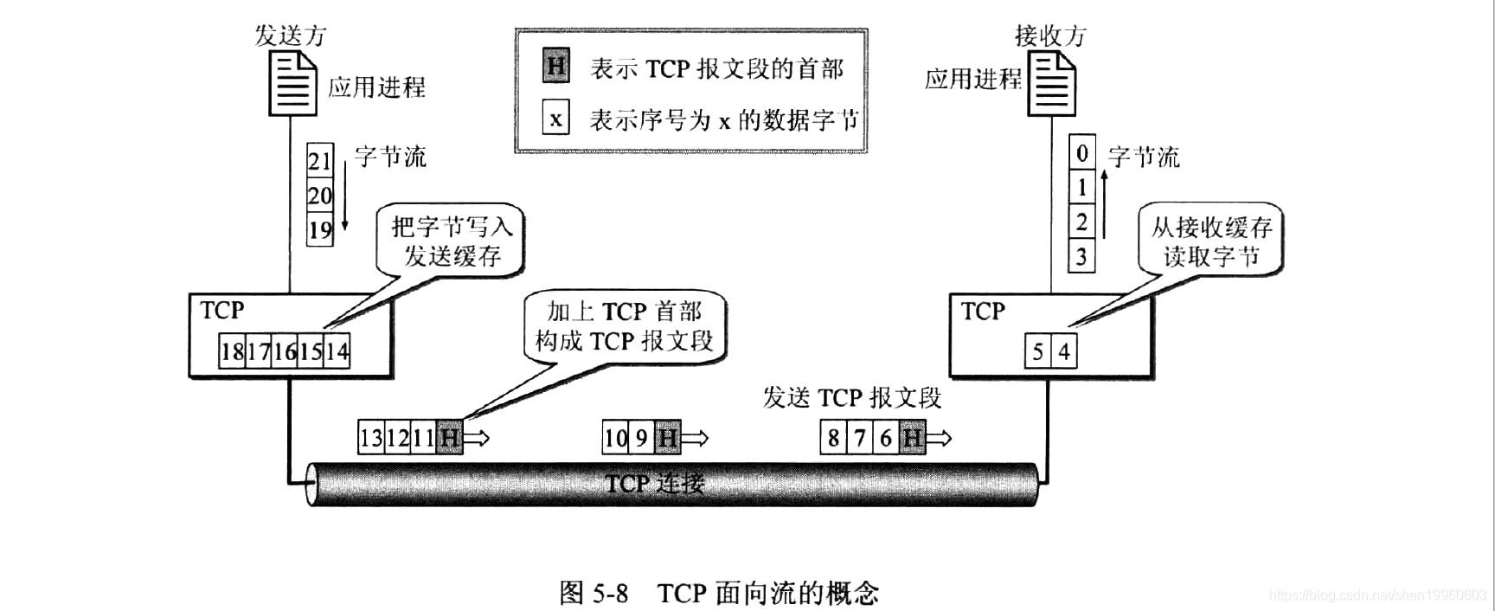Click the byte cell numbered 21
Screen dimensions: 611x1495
pyautogui.click(x=320, y=160)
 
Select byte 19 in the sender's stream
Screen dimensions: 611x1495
pyautogui.click(x=320, y=230)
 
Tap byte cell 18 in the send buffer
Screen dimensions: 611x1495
pyautogui.click(x=232, y=351)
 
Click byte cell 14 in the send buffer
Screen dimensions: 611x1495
pyautogui.click(x=337, y=351)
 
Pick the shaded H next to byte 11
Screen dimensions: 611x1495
pyautogui.click(x=450, y=438)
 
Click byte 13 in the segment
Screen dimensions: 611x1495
pyautogui.click(x=371, y=438)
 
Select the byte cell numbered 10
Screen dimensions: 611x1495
pyautogui.click(x=615, y=438)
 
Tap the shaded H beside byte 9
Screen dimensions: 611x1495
pyautogui.click(x=667, y=438)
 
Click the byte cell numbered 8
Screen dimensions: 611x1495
pyautogui.click(x=833, y=438)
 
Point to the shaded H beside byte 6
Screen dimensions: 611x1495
pyautogui.click(x=912, y=438)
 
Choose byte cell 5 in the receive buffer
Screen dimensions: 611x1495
pyautogui.click(x=1037, y=352)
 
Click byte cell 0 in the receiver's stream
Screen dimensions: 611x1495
pyautogui.click(x=1081, y=153)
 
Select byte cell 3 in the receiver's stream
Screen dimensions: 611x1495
pyautogui.click(x=1081, y=257)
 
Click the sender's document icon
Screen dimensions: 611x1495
pyautogui.click(x=292, y=83)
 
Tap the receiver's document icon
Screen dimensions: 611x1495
pyautogui.click(x=1051, y=83)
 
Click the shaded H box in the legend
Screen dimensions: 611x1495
pyautogui.click(x=556, y=67)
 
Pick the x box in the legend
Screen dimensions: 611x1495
pyautogui.click(x=556, y=119)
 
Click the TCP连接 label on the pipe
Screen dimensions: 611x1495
pyautogui.click(x=655, y=483)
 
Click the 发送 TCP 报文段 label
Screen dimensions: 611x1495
pyautogui.click(x=851, y=397)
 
